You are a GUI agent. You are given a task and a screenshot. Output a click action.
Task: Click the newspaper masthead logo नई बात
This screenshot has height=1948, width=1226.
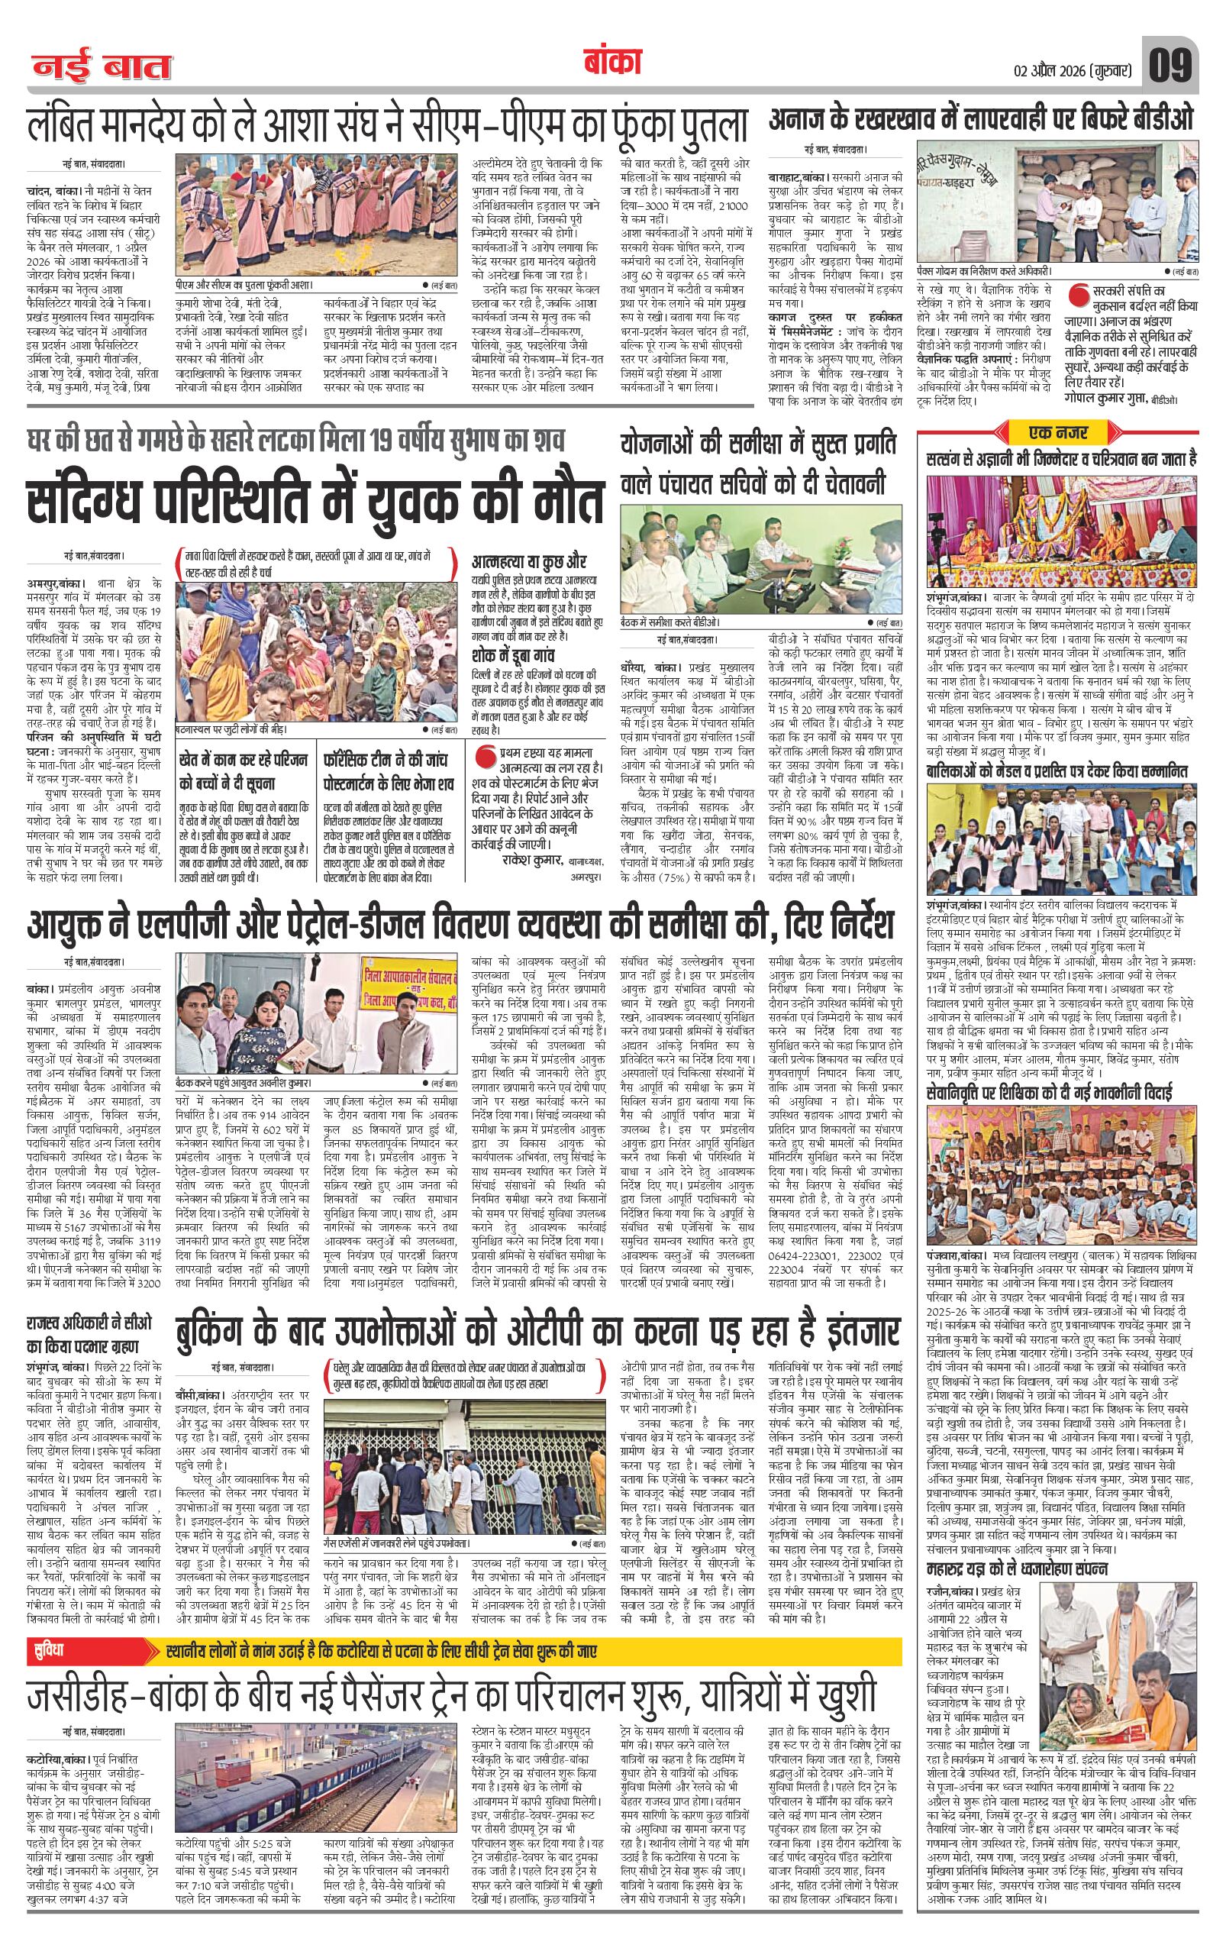(x=102, y=66)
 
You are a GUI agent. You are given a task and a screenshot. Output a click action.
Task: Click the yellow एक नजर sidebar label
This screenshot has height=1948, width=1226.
(x=1059, y=431)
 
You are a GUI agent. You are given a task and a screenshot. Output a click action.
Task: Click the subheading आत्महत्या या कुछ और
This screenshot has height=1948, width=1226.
(x=529, y=561)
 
